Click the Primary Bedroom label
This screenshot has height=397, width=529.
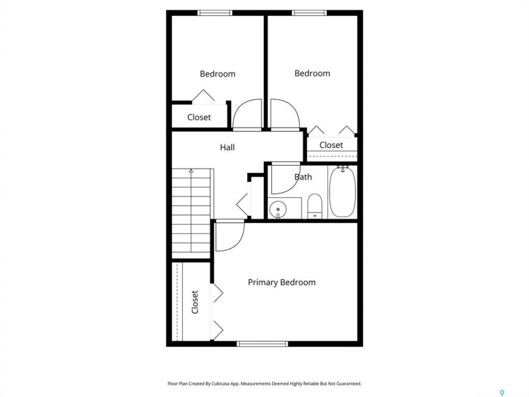tap(282, 282)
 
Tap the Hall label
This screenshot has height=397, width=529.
tap(228, 147)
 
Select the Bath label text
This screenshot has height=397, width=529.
tap(303, 177)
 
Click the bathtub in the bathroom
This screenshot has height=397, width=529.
tap(342, 192)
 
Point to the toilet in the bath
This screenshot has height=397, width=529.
tap(315, 206)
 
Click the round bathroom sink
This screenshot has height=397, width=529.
tap(278, 210)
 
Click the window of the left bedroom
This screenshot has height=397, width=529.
tap(215, 13)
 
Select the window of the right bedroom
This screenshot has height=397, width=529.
tap(309, 13)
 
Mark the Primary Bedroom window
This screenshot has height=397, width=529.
tap(262, 344)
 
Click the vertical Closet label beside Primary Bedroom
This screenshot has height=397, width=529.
tap(195, 302)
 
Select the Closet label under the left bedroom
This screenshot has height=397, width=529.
tap(199, 117)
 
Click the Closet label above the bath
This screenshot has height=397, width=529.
tap(331, 145)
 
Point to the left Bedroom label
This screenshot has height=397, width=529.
tap(218, 74)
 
